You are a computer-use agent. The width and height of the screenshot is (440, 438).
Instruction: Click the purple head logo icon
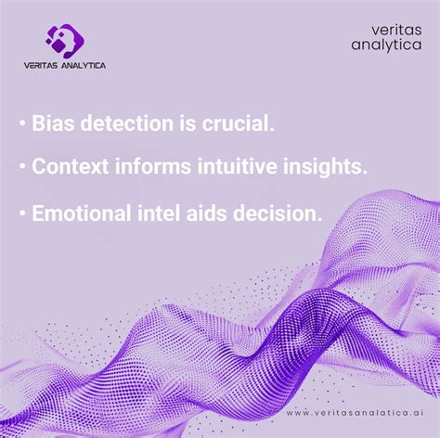[65, 40]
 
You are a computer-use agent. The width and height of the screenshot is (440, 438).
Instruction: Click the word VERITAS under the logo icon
[45, 65]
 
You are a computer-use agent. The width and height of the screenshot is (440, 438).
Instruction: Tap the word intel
[172, 213]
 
